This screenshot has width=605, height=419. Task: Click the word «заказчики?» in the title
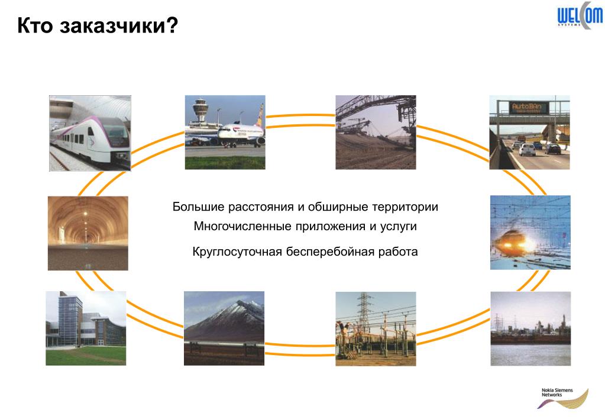tap(118, 26)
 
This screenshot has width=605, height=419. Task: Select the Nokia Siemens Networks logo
tap(562, 397)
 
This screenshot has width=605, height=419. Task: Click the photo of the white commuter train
tap(90, 133)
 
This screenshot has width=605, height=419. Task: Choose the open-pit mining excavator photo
tap(376, 132)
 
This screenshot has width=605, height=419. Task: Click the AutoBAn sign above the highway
tap(529, 107)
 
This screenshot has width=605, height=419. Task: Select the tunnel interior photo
tap(88, 233)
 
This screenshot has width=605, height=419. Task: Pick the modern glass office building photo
tap(86, 328)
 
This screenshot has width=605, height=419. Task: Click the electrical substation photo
tap(376, 328)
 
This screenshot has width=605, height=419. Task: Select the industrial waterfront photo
tap(530, 328)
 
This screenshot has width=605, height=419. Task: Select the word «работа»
tap(399, 252)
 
